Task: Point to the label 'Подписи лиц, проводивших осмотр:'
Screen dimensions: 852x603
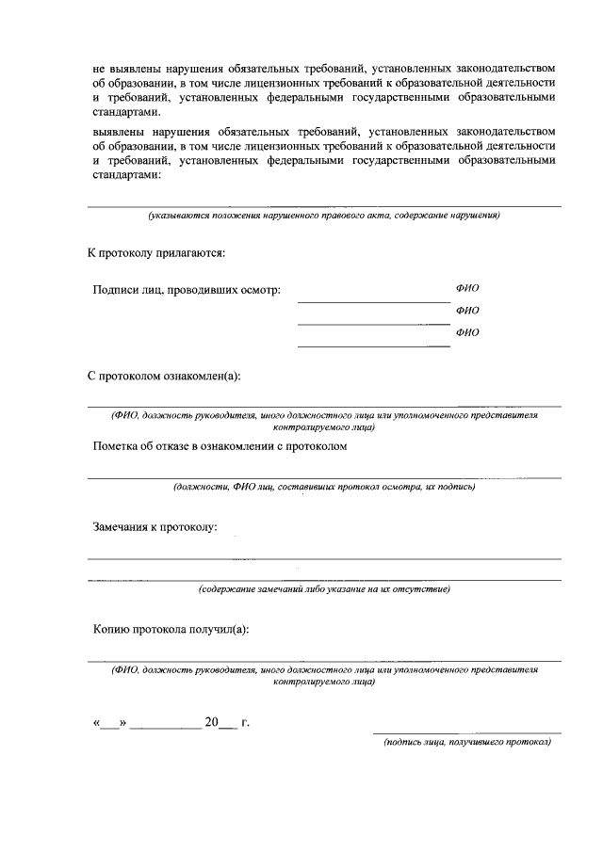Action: click(x=187, y=291)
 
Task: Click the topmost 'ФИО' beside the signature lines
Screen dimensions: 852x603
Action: click(x=467, y=289)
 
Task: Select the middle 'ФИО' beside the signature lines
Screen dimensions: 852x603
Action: click(x=467, y=311)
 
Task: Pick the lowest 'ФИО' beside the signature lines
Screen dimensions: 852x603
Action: click(x=467, y=332)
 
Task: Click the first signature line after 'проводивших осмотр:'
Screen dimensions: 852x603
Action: click(x=373, y=302)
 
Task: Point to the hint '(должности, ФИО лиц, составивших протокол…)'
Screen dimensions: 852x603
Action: click(x=323, y=487)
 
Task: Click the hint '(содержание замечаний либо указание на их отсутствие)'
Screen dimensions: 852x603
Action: click(x=323, y=589)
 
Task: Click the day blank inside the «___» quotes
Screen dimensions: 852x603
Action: click(x=110, y=724)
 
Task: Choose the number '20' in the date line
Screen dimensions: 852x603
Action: click(x=211, y=723)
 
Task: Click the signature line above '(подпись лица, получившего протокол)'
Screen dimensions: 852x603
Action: click(x=466, y=731)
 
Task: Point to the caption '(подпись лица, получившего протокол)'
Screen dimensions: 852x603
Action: click(x=466, y=742)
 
